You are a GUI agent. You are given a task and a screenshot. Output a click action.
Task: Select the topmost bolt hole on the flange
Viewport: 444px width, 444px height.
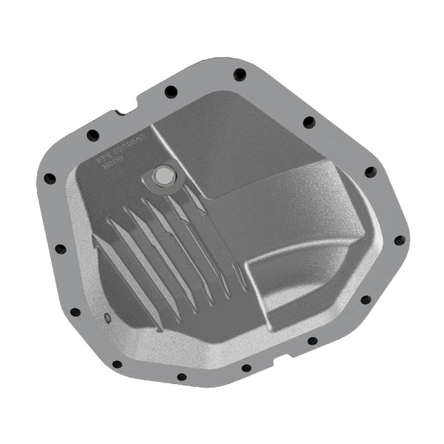(x=240, y=73)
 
